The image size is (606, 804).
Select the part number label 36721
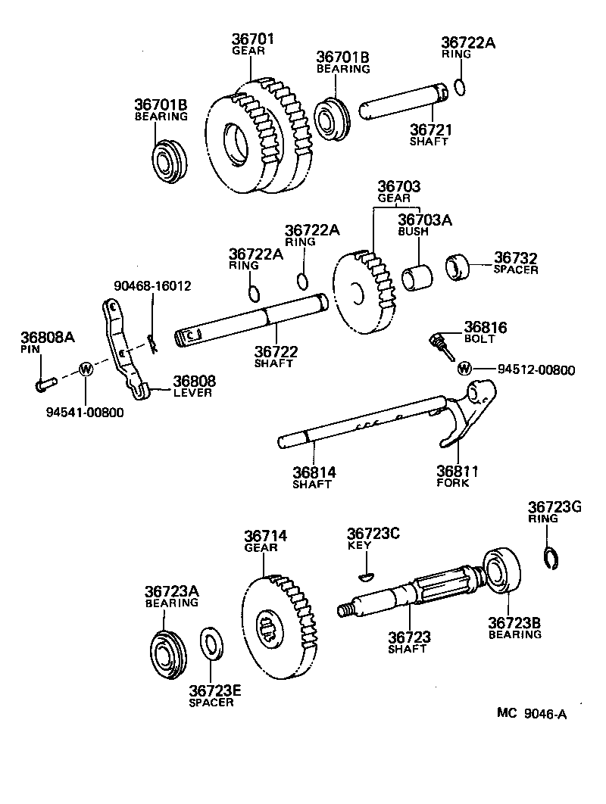[x=429, y=130]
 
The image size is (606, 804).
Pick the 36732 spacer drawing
[x=457, y=266]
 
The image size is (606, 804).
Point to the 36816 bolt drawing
[x=440, y=345]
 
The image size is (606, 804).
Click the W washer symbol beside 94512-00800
[x=464, y=369]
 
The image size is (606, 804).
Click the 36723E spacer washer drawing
[x=211, y=643]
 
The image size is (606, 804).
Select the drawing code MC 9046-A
[x=532, y=712]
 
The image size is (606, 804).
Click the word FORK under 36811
[x=453, y=482]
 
